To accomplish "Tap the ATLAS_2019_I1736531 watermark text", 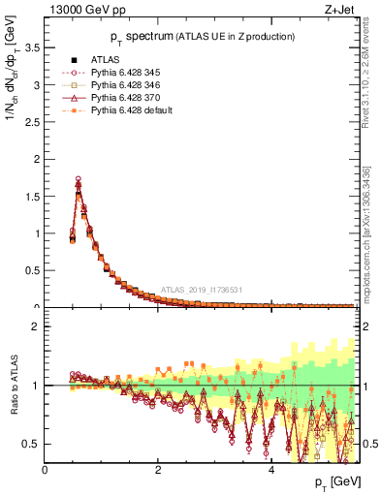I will click(203, 289).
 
